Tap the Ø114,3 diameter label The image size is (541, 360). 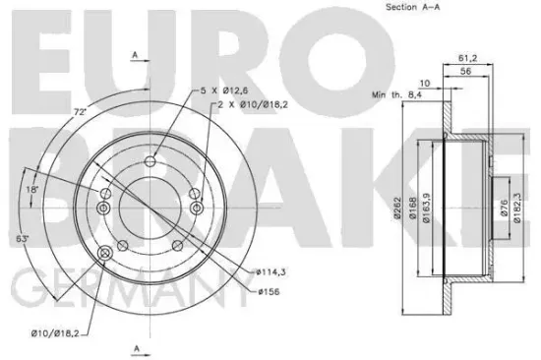pyautogui.click(x=272, y=270)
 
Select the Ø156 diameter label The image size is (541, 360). pyautogui.click(x=269, y=292)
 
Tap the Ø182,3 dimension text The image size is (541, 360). pyautogui.click(x=517, y=210)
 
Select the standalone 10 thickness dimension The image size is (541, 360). pyautogui.click(x=425, y=83)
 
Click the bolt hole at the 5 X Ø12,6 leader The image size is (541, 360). pyautogui.click(x=150, y=162)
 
